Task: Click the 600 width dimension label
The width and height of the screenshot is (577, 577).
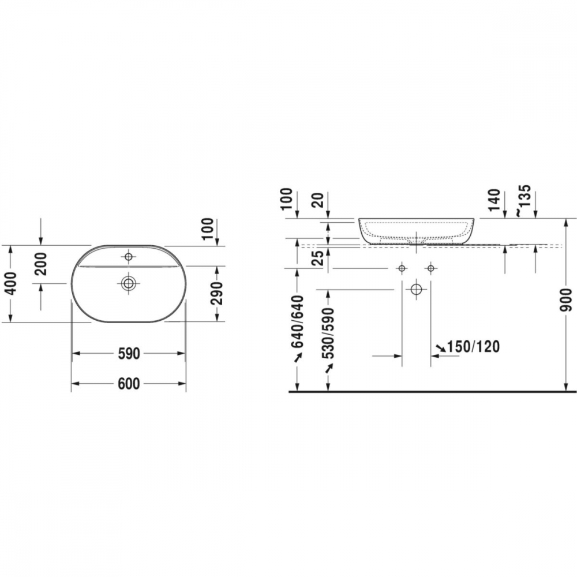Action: tap(129, 384)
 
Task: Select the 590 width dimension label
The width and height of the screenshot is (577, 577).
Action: tap(129, 354)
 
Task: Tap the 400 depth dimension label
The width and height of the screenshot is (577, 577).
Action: tap(10, 283)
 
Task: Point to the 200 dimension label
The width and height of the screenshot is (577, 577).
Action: tap(40, 264)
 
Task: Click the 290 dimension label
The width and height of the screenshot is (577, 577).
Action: tap(217, 293)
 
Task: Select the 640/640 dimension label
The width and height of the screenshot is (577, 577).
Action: tap(297, 321)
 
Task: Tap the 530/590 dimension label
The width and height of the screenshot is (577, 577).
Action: tap(327, 334)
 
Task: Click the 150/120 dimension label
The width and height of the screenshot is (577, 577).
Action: tap(473, 346)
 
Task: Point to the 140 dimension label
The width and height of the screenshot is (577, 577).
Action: tap(495, 200)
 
